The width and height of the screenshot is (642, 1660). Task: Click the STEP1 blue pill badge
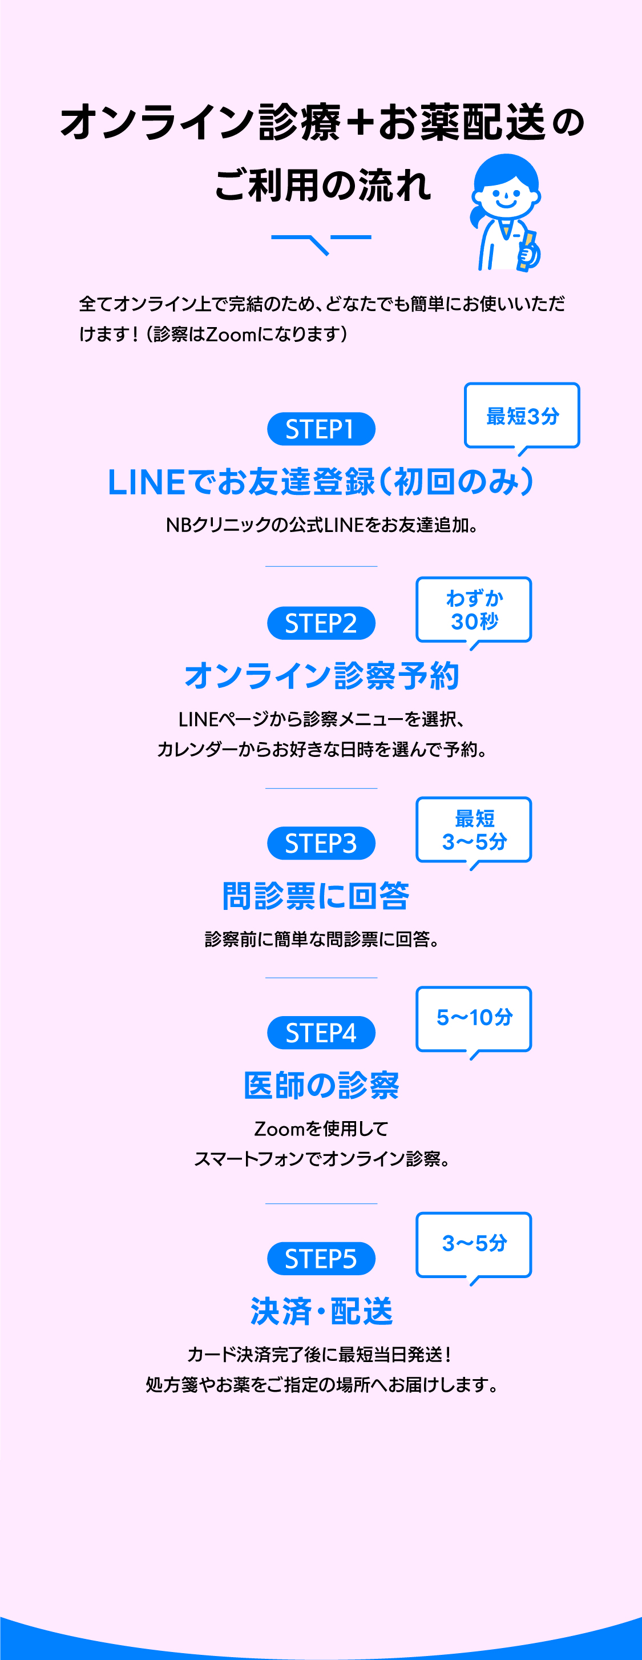coord(321,429)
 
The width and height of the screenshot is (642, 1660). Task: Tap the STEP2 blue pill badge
coord(321,623)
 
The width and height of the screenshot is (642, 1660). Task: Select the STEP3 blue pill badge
coord(321,843)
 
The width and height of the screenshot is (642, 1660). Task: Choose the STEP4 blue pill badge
coord(321,1032)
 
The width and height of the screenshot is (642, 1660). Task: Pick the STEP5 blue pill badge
coord(321,1258)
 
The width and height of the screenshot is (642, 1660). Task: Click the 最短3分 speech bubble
coord(522,416)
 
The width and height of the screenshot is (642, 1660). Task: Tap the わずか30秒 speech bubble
coord(474,610)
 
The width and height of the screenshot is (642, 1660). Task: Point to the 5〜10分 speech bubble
coord(474,1018)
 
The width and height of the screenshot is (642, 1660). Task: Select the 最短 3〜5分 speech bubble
coord(474,829)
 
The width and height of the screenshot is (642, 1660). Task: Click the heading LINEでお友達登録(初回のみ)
coord(321,482)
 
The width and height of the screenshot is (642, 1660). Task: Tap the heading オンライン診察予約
coord(321,675)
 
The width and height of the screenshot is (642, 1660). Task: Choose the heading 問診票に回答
coord(316,896)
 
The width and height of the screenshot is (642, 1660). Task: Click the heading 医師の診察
coord(321,1085)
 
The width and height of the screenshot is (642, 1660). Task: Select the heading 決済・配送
coord(321,1311)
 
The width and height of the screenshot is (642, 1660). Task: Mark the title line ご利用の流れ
coord(322,186)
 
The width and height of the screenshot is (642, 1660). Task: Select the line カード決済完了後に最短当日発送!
coord(321,1354)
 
